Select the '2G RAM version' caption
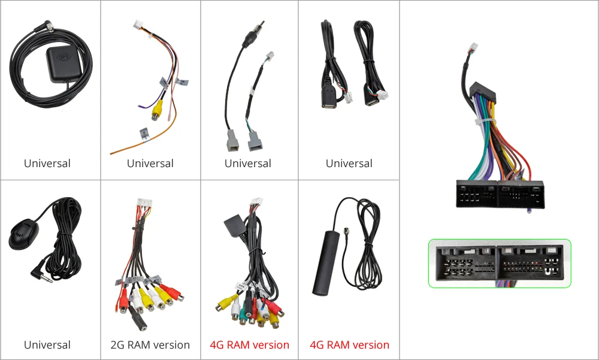[x=150, y=345]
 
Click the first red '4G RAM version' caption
[x=249, y=345]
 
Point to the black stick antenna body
[x=325, y=264]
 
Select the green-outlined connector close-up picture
[x=500, y=264]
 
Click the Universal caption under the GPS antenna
[x=47, y=164]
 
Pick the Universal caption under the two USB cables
[x=349, y=164]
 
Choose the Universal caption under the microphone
[x=47, y=345]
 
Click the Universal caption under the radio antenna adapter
[x=248, y=164]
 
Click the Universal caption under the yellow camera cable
[x=150, y=164]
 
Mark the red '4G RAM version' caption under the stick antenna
[x=349, y=345]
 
